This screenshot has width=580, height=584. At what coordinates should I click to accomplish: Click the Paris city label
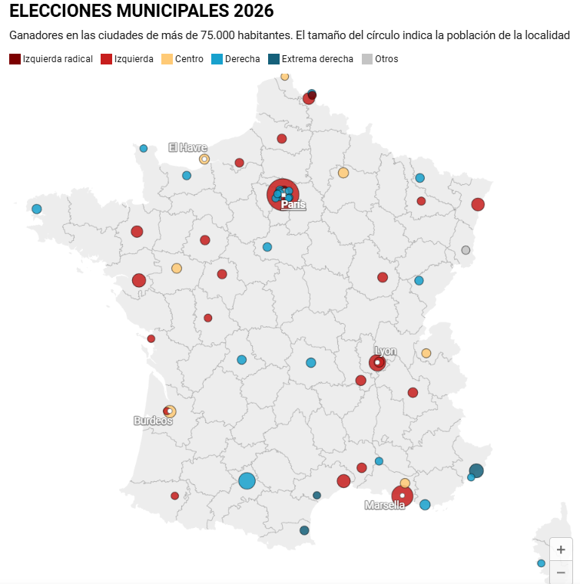[293, 205]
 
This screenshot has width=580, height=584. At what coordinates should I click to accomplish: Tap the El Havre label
[187, 147]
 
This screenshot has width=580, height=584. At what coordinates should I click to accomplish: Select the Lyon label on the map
[386, 351]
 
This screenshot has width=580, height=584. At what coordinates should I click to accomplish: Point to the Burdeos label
[153, 421]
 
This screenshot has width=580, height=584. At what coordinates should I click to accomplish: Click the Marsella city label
[384, 505]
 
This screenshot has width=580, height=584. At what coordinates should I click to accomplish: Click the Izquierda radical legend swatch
[15, 59]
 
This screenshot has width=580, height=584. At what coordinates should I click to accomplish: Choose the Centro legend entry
[183, 59]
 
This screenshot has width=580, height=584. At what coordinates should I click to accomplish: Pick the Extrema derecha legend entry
[310, 59]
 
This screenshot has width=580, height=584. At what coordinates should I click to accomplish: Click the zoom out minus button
[561, 572]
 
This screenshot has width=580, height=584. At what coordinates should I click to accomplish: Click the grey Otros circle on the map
[466, 250]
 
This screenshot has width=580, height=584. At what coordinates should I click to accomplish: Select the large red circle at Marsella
[402, 496]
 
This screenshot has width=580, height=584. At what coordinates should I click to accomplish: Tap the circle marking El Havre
[204, 159]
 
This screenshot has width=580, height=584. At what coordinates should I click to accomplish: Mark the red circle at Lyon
[377, 362]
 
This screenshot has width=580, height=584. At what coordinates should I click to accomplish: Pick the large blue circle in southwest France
[247, 481]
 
